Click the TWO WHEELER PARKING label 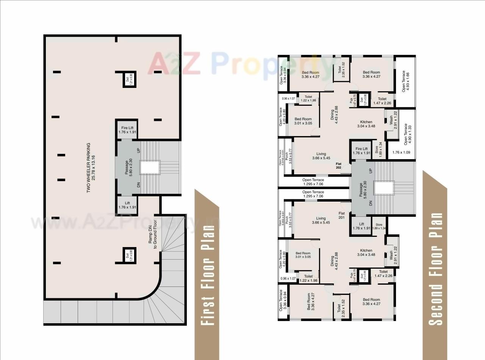[91, 168]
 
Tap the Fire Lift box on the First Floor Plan [127, 130]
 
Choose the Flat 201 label [341, 216]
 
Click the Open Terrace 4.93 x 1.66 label [405, 81]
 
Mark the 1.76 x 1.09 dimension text [401, 153]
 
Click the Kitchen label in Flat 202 [366, 124]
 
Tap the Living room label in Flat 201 [321, 220]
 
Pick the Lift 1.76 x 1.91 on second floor [361, 226]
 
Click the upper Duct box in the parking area [129, 79]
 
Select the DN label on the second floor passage [371, 203]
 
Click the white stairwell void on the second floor [384, 187]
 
